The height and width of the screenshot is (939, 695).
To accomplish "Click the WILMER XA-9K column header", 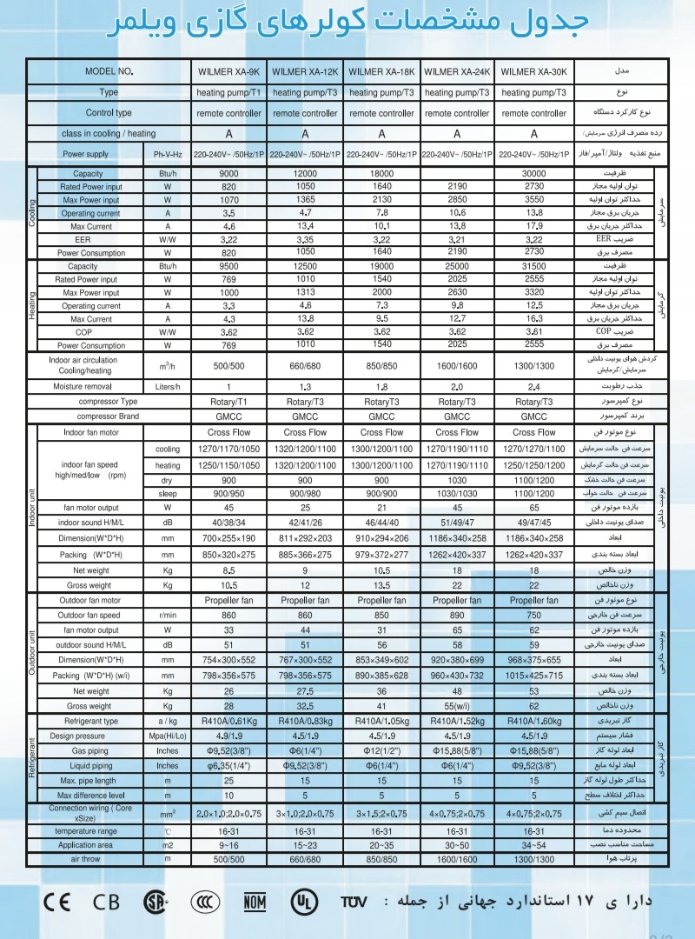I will (x=229, y=71).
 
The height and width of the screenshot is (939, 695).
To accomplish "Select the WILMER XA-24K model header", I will (x=458, y=71).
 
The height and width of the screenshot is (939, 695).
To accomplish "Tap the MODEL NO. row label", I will (x=109, y=71).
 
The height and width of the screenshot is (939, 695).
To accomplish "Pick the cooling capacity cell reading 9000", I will (x=229, y=174).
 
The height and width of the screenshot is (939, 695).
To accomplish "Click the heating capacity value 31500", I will (x=533, y=266).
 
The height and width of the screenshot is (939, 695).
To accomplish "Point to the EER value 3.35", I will (x=305, y=239).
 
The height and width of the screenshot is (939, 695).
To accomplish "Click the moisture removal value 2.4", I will (x=533, y=386).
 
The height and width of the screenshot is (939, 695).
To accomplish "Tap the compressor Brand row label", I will (x=108, y=416).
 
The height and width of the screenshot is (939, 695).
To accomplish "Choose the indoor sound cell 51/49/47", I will (x=458, y=523).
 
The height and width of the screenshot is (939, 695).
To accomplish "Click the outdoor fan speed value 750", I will (x=533, y=616).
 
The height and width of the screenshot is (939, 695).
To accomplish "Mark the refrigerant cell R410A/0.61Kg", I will (x=229, y=722).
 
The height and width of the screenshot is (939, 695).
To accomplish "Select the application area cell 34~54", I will (x=533, y=844).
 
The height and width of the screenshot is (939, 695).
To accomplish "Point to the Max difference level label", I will (x=90, y=796).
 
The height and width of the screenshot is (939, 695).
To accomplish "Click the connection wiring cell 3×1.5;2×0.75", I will (x=382, y=813).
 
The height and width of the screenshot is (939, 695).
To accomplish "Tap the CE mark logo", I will (x=56, y=901).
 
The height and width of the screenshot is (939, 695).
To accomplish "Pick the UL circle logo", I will (x=304, y=901).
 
